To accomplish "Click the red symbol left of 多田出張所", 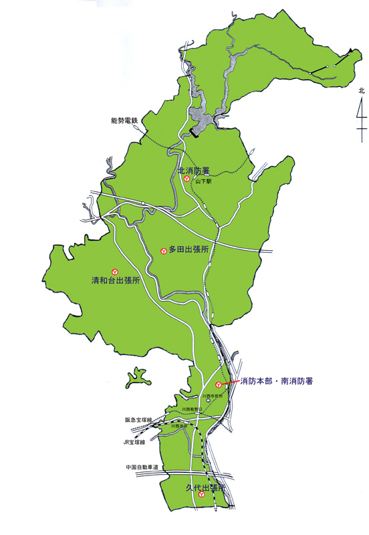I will click(x=164, y=251).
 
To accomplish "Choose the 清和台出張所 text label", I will click(x=116, y=281).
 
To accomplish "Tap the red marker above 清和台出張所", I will click(x=115, y=272).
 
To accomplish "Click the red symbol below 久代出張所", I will click(x=201, y=497).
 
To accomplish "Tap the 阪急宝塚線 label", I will click(x=139, y=420).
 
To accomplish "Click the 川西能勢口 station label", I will click(x=192, y=409).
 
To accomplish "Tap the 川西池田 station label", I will click(x=178, y=425).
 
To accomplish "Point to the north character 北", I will click(x=361, y=90).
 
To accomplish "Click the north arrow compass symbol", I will click(x=361, y=115).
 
